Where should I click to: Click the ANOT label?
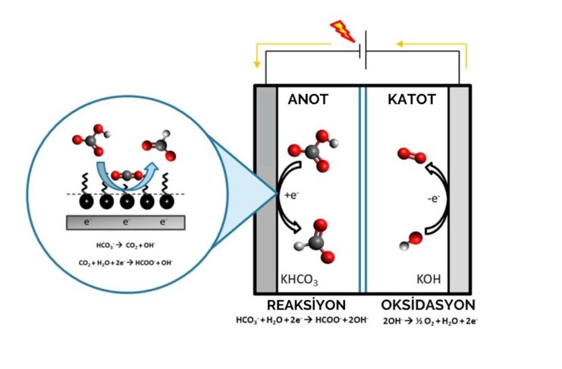[x=308, y=99]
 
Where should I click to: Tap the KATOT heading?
[x=411, y=99]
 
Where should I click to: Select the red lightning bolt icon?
[x=342, y=31]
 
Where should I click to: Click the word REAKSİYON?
[x=301, y=305]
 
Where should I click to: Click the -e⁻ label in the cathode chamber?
[x=435, y=200]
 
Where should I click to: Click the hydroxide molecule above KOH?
[x=411, y=241]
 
